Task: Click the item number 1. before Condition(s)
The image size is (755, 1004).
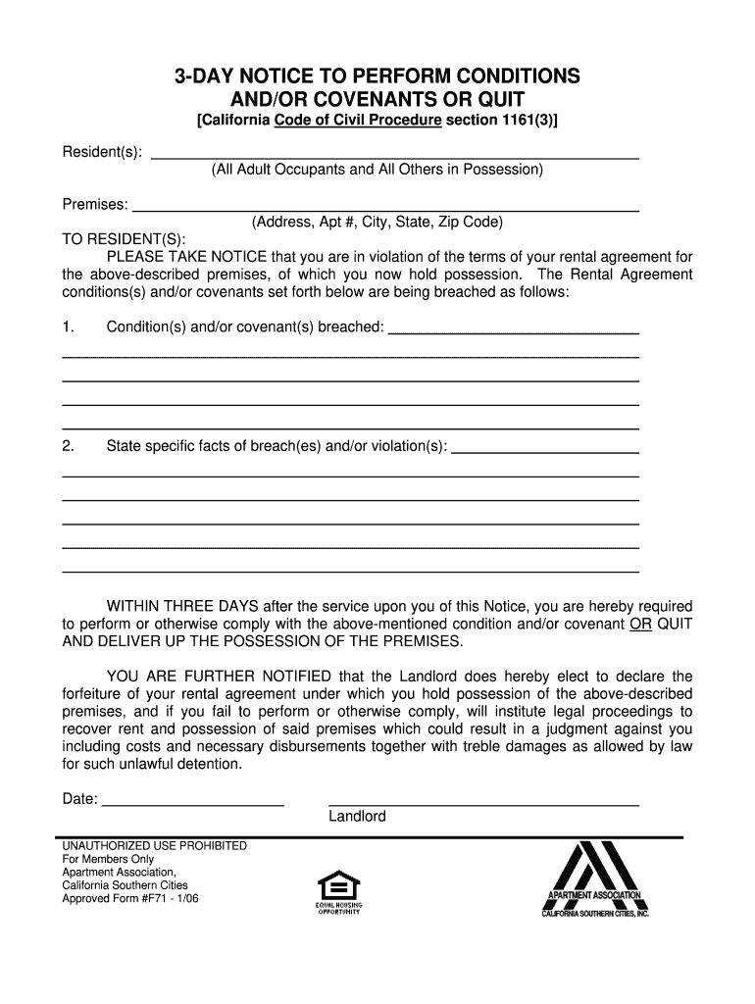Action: click(68, 326)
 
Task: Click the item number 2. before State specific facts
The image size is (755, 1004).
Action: click(68, 447)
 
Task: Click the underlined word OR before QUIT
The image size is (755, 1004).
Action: click(640, 624)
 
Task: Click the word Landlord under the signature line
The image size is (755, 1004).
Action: click(357, 817)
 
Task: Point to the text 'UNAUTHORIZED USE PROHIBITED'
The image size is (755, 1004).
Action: click(155, 846)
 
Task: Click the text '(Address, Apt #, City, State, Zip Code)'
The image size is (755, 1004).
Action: click(377, 223)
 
